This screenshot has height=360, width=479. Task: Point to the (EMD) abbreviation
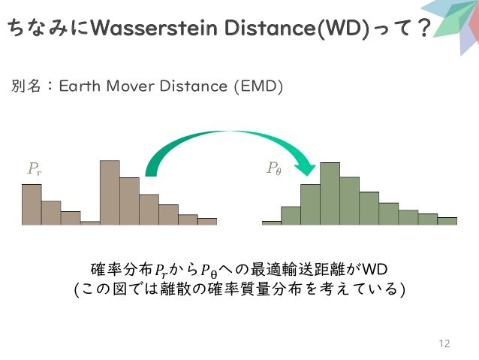[258, 87]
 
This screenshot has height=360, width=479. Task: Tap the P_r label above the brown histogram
[35, 168]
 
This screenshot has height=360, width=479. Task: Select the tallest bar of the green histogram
[330, 194]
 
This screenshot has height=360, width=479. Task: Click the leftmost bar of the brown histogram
[32, 204]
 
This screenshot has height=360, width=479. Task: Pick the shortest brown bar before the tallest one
[90, 222]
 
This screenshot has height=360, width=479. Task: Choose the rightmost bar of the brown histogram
[207, 222]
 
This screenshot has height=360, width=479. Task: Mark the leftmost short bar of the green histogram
[271, 222]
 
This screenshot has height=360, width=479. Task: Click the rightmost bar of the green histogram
[447, 221]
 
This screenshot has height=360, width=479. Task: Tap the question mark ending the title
[423, 29]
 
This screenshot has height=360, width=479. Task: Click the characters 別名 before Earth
[26, 87]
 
